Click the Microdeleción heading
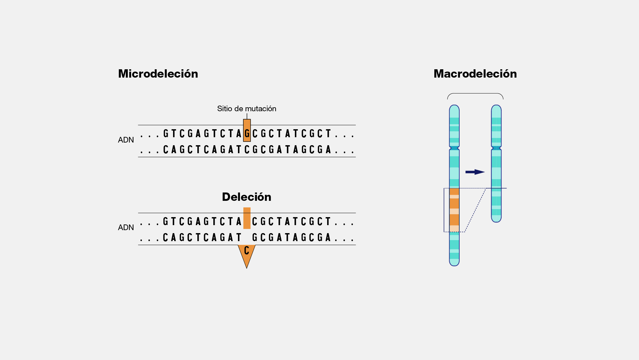tap(158, 74)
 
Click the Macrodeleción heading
tap(475, 74)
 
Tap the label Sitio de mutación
tap(247, 109)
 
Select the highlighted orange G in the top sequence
tap(247, 133)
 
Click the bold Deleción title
tap(247, 197)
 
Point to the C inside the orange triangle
tap(247, 251)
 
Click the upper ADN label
tap(126, 140)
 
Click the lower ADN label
tap(126, 227)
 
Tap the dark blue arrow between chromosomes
tap(475, 172)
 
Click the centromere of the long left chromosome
tap(454, 148)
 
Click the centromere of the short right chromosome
tap(496, 148)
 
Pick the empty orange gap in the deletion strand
tap(247, 218)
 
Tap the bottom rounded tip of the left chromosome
tap(454, 263)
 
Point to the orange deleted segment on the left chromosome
tap(454, 210)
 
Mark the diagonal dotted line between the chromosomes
tap(475, 210)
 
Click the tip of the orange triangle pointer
tap(247, 267)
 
